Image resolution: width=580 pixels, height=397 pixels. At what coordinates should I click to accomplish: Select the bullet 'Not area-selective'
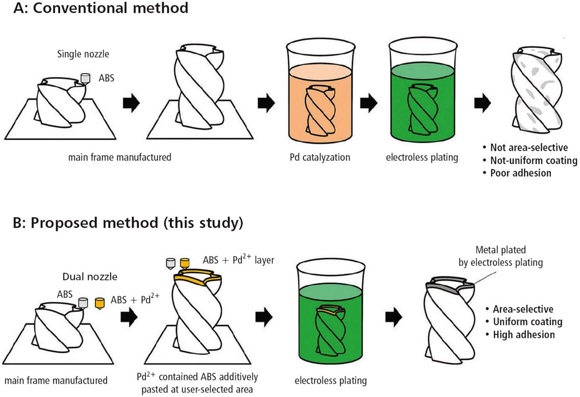pyautogui.click(x=529, y=148)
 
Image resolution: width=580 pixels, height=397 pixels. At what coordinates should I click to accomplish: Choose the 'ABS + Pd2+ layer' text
pyautogui.click(x=239, y=260)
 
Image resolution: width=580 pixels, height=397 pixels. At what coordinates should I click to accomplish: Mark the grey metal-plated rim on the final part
pyautogui.click(x=449, y=286)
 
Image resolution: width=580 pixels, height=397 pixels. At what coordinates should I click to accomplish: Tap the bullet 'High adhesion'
pyautogui.click(x=523, y=334)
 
